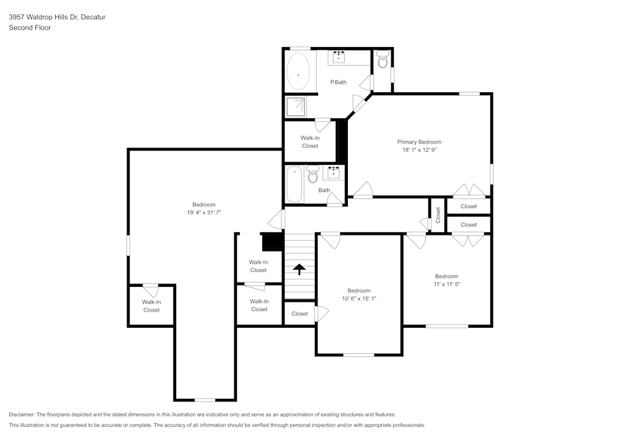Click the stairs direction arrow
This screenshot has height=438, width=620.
(299, 269)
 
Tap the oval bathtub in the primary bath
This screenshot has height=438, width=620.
(298, 74)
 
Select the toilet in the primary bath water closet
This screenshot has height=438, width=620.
(383, 62)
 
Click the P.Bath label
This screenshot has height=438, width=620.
(338, 82)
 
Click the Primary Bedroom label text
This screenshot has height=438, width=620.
(419, 142)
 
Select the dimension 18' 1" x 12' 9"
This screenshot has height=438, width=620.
(419, 150)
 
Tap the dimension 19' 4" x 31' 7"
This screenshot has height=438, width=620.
(204, 212)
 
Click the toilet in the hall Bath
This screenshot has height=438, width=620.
(312, 176)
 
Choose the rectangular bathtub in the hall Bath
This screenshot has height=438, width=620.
(294, 184)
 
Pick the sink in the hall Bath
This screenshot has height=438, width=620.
(334, 171)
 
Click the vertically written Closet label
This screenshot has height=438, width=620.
(438, 215)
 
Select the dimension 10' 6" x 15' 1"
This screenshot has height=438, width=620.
(359, 299)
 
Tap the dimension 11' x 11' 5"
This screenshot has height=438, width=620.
(446, 284)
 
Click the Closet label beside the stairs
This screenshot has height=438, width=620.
(299, 313)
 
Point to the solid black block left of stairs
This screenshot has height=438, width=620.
(272, 241)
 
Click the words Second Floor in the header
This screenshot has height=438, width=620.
(30, 28)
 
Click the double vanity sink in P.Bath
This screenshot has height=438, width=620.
(339, 58)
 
